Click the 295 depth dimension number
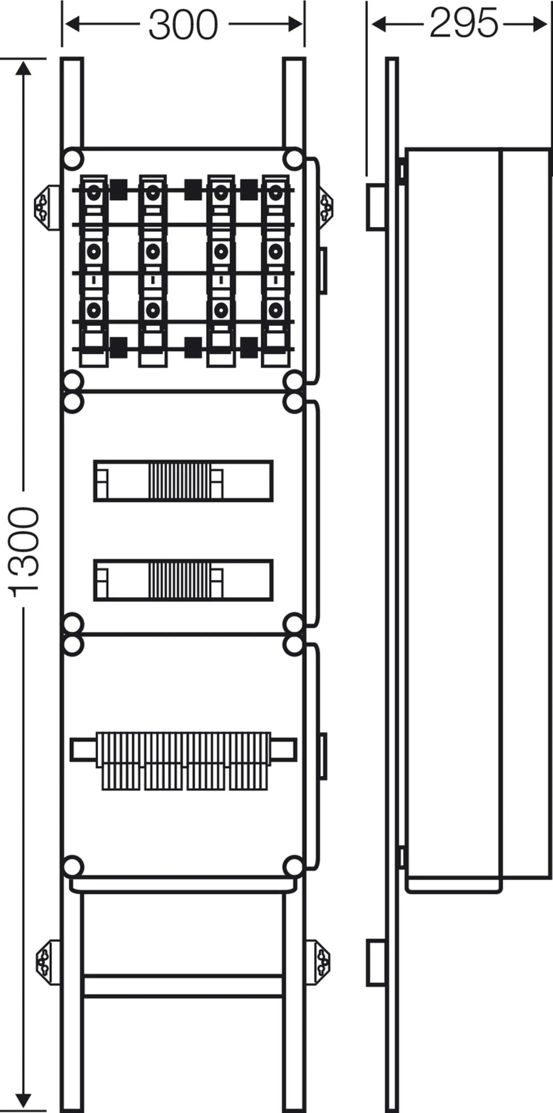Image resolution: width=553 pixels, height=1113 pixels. click(x=464, y=23)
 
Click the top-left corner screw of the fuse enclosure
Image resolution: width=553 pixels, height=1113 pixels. click(x=73, y=159)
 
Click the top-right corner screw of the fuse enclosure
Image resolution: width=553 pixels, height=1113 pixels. click(x=294, y=159)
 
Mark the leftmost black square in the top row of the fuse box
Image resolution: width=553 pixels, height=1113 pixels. click(x=118, y=190)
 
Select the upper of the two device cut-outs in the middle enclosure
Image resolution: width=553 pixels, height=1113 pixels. click(x=183, y=481)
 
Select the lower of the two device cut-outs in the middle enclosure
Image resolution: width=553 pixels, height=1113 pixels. click(x=183, y=580)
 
